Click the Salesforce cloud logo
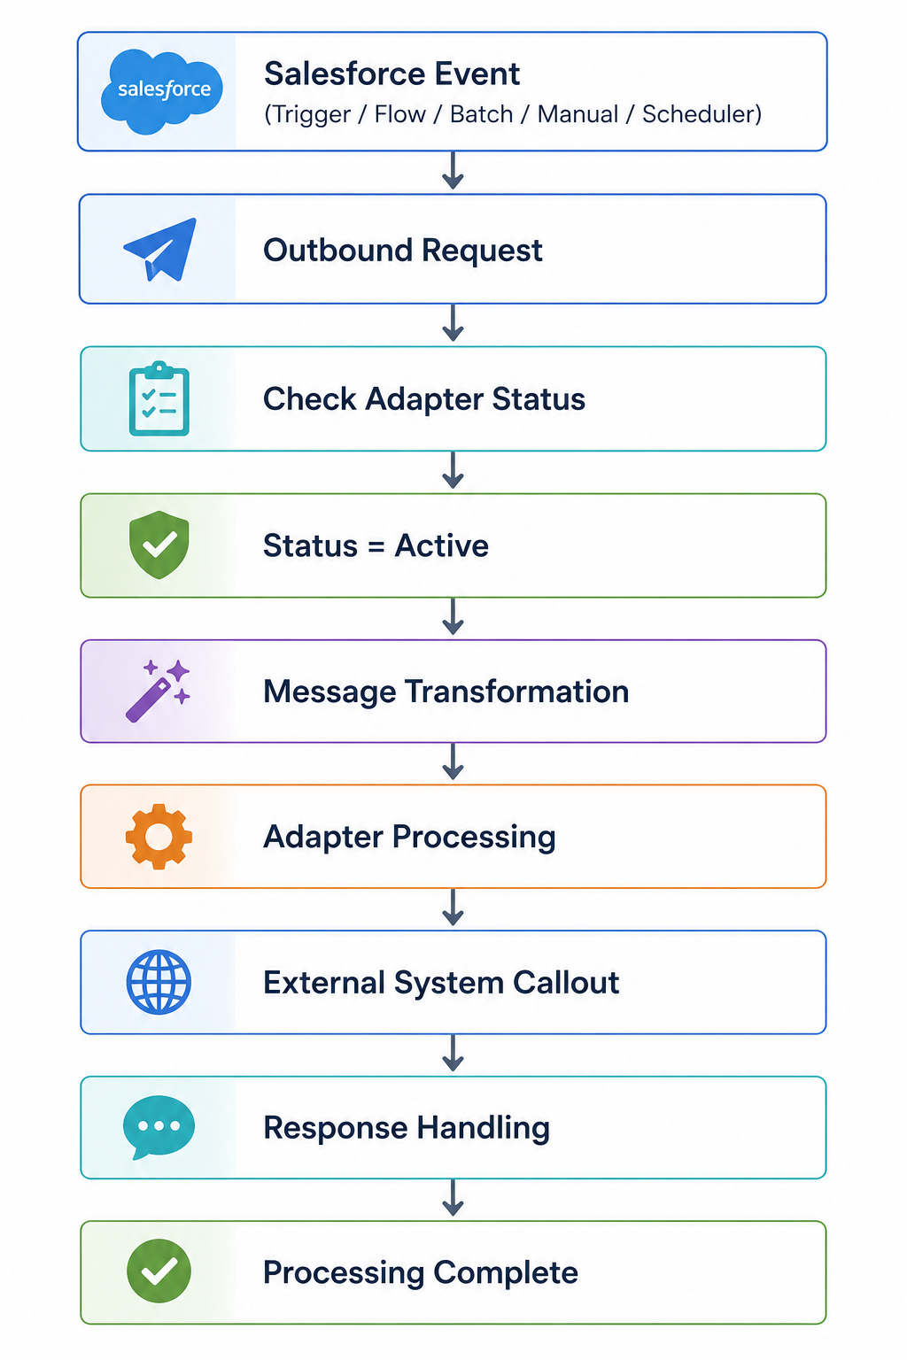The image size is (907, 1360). (161, 91)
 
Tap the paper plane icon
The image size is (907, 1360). (160, 250)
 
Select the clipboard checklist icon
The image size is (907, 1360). (159, 398)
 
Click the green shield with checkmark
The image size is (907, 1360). (159, 545)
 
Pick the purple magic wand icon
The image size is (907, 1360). (158, 691)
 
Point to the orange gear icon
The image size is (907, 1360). (159, 837)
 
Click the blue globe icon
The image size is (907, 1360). (159, 982)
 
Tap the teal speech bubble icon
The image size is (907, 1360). (159, 1127)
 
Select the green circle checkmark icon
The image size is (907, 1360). (159, 1271)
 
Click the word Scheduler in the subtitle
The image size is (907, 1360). (697, 114)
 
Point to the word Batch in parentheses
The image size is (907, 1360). (481, 114)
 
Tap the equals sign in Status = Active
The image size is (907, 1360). (376, 545)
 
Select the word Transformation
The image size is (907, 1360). (516, 692)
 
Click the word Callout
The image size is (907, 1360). (566, 982)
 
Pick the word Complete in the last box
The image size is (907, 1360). (506, 1273)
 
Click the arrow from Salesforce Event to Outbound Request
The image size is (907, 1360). (453, 170)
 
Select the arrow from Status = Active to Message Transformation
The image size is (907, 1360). (453, 616)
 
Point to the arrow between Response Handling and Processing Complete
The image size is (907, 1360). (453, 1198)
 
